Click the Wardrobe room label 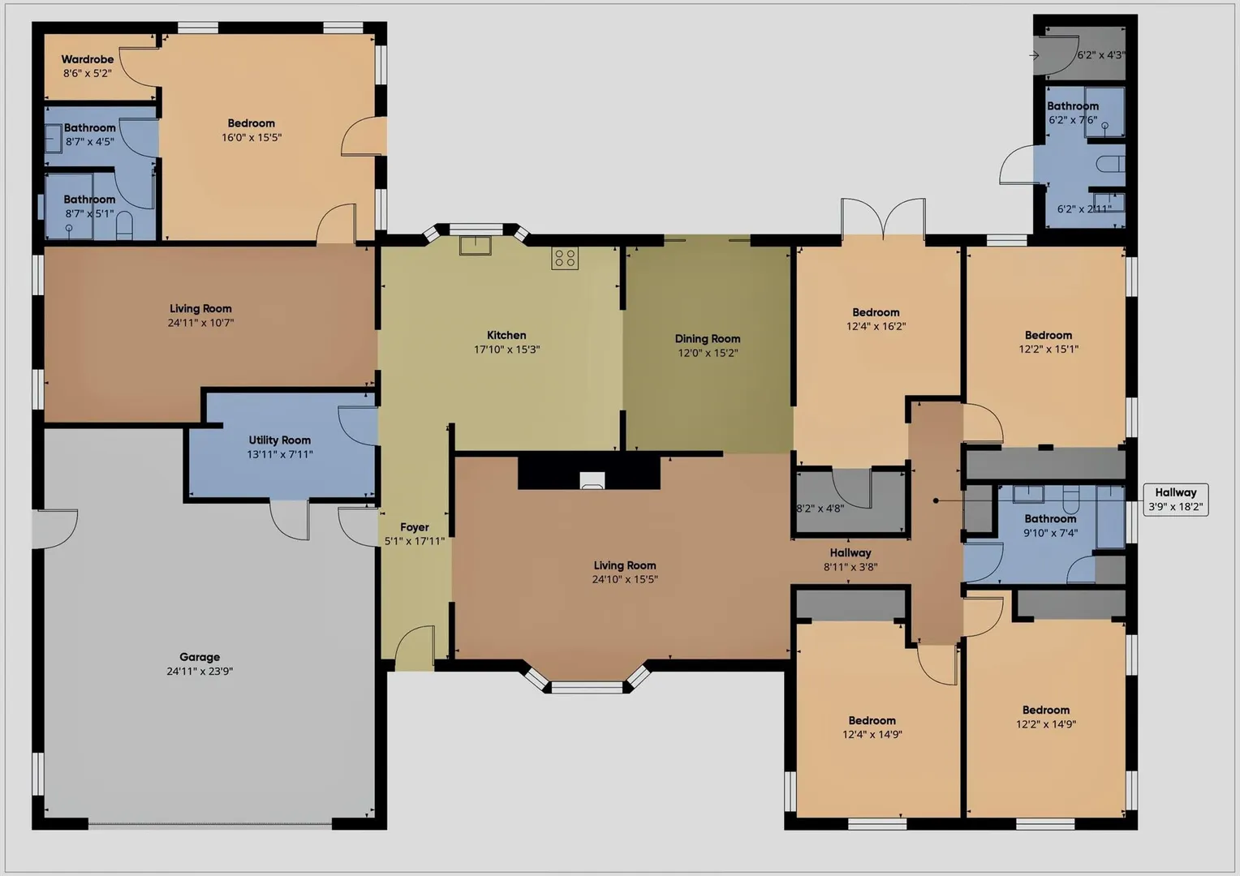point(88,59)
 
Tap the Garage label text point(200,657)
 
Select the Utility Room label point(279,440)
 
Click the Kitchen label point(506,335)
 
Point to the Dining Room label point(708,339)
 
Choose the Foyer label point(414,527)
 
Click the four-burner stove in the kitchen point(565,258)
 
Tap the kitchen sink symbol point(475,245)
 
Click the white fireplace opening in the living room point(592,480)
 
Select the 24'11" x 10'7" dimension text point(201,323)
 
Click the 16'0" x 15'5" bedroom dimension point(252,137)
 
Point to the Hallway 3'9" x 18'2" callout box point(1176,500)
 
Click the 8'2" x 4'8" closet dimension point(820,508)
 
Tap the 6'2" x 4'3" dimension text point(1100,55)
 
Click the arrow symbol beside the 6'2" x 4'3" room point(1034,55)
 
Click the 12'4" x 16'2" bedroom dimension point(876,327)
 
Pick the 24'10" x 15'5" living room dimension point(625,579)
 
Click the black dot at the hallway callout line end point(936,500)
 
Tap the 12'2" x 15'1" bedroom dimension point(1048,349)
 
